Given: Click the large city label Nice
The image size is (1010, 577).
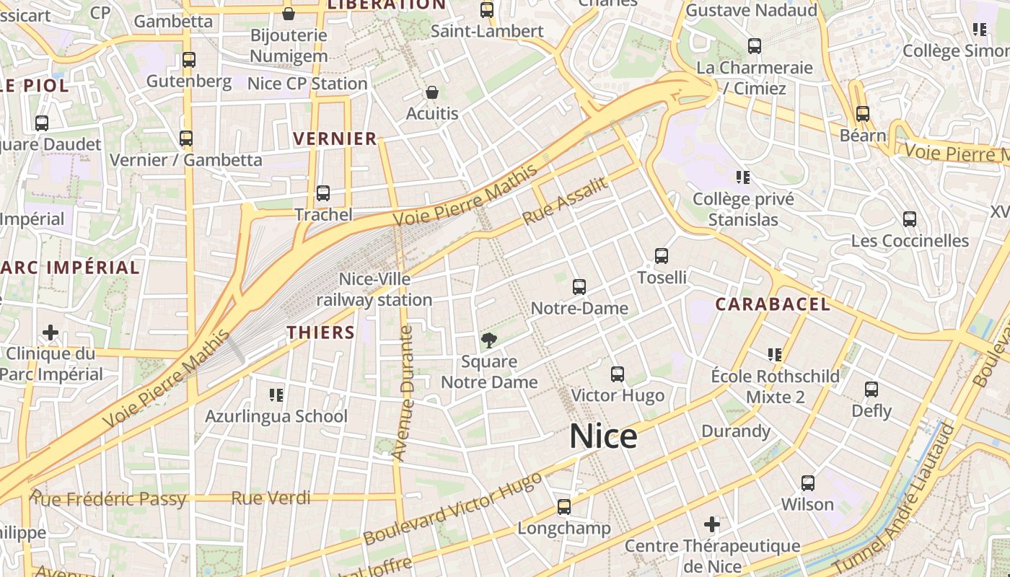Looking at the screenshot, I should coord(603,436).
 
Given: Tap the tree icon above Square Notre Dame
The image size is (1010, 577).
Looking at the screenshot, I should coord(489,340).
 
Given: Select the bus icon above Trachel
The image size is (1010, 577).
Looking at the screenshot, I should coord(323,193).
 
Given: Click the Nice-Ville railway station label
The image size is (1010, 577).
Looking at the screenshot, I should coord(374,289).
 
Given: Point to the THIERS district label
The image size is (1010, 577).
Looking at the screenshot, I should coord(321,332).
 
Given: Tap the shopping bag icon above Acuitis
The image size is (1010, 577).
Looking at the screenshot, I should coord(431,92).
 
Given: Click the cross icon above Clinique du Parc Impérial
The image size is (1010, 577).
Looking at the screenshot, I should coord(50,332).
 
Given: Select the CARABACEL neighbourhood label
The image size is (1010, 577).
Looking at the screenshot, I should coord(773,304).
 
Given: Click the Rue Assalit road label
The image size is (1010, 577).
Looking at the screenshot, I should coord(564,201).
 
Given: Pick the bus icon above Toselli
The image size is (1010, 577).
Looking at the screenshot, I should coord(662,256).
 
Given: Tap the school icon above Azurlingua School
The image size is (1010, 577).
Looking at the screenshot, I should coord(276,395).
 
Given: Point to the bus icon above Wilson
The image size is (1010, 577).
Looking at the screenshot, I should coord(808,483).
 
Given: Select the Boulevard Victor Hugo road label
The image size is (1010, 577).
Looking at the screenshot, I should coord(452,508).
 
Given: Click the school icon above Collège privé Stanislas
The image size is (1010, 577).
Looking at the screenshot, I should coord(743,177).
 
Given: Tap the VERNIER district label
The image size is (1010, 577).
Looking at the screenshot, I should coord(335,138).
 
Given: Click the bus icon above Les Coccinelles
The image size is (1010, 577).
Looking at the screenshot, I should coord(910,219).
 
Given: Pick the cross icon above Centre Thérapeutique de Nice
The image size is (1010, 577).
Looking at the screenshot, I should coord(712,524).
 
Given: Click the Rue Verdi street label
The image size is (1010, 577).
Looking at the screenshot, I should coord(271,498).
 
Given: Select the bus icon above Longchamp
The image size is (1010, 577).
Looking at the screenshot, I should coord(564,507).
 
